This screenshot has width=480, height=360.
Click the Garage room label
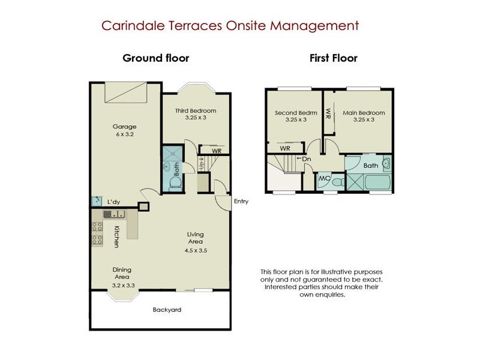124,127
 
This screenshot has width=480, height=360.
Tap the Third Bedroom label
196,110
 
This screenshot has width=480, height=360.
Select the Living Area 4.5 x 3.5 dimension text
196,250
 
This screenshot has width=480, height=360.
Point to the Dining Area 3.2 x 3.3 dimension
123,286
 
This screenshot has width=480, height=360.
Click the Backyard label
167,310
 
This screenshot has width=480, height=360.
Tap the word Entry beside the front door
241,202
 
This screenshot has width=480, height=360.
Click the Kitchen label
116,236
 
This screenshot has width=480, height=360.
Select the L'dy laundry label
113,202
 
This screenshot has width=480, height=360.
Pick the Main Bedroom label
364,113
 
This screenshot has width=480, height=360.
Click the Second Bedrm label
296,113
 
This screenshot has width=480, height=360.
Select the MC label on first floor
324,178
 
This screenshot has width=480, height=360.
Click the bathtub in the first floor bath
377,182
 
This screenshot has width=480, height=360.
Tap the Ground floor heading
156,58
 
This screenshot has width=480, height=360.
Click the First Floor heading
334,58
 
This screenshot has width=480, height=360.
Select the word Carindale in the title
134,25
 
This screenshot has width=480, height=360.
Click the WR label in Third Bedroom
217,151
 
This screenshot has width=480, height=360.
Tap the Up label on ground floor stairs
202,164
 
